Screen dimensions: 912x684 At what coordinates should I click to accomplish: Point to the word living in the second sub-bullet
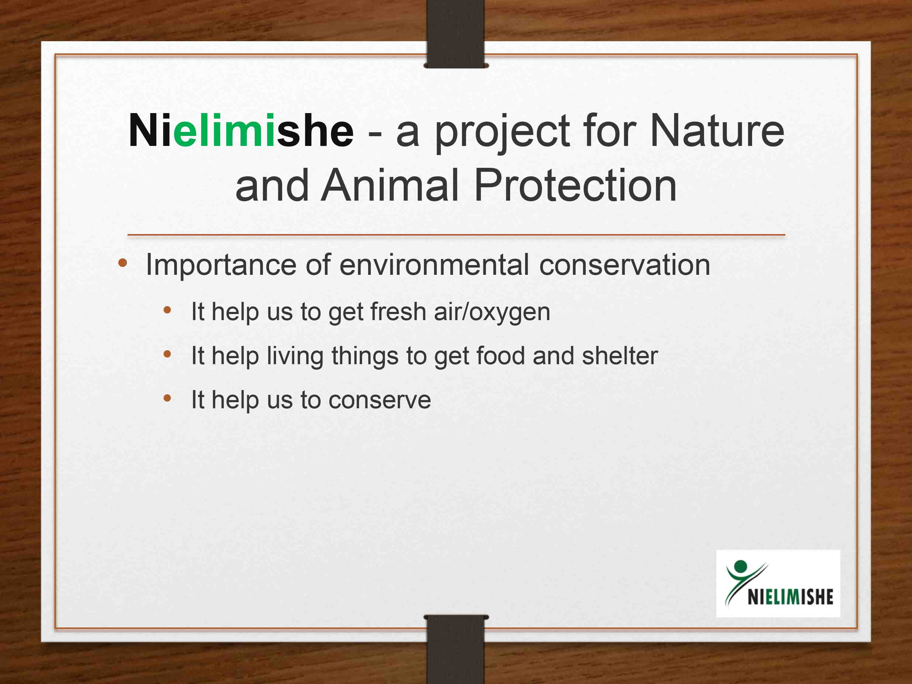point(295,356)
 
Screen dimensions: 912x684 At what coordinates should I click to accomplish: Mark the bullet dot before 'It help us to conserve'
point(167,398)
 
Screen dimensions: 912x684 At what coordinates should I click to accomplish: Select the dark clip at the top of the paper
point(456,34)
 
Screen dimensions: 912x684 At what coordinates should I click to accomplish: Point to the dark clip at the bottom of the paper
point(456,649)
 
